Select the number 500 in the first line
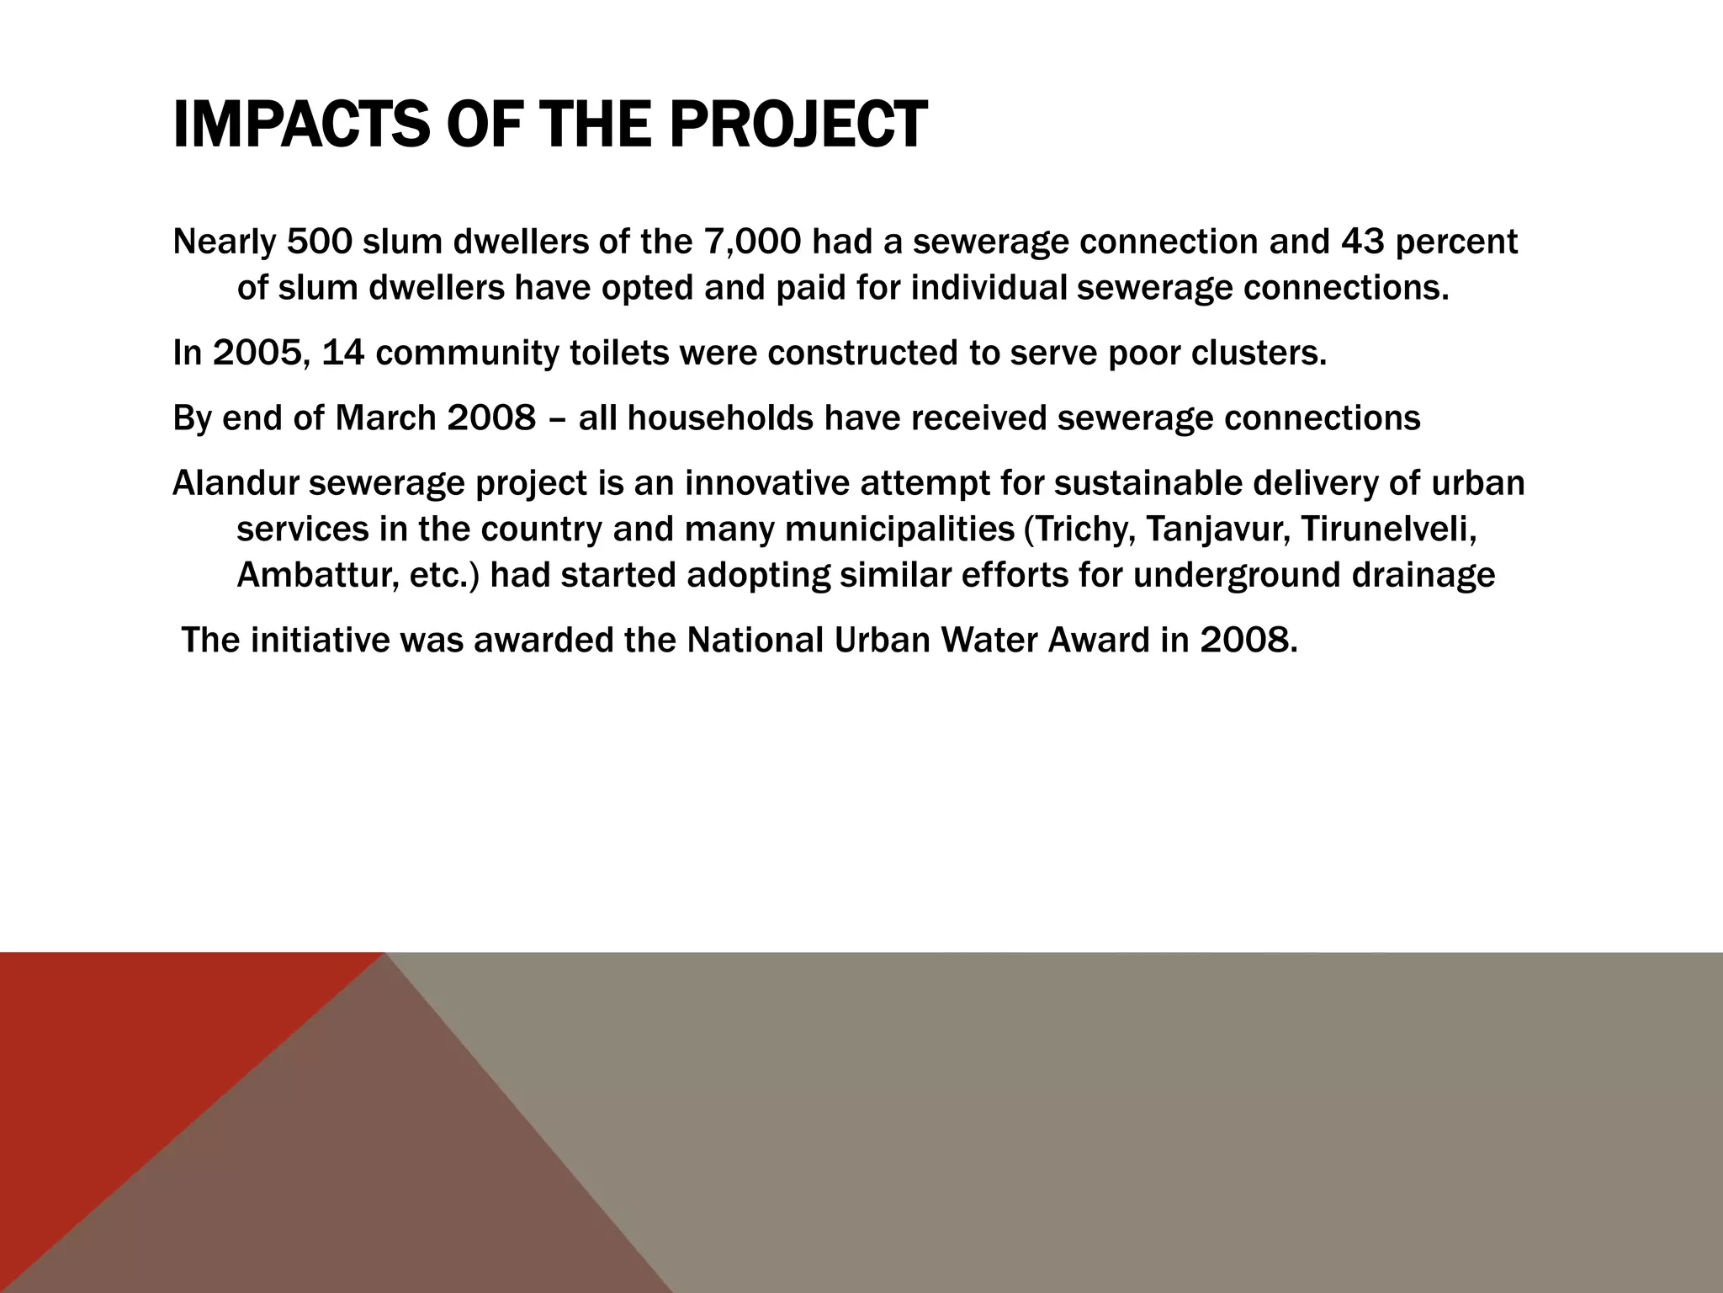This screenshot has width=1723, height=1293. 319,242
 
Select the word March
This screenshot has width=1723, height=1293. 385,418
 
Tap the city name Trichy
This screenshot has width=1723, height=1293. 1080,529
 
